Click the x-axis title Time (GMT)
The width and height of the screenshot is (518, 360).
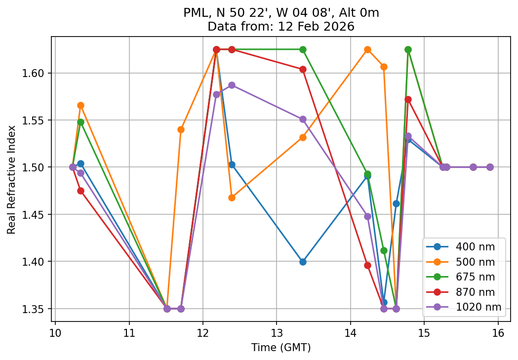281,348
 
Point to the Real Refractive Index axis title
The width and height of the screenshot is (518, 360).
11,180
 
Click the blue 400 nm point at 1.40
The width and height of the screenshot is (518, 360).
303,262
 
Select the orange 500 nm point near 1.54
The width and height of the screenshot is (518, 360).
181,129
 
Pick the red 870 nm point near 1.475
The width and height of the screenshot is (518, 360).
80,191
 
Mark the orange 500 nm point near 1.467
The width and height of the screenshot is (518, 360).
232,198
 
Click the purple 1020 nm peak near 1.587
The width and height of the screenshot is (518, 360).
232,85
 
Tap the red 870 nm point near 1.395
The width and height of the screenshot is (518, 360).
367,265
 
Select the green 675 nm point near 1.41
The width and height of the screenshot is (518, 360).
384,250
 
